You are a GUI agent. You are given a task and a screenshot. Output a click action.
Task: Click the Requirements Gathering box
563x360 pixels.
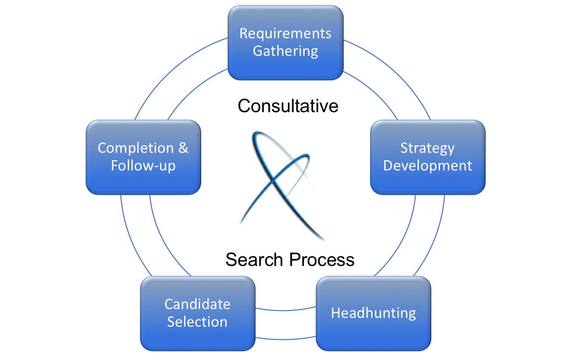[285, 43]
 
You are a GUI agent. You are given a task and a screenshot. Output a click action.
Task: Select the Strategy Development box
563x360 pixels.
[427, 157]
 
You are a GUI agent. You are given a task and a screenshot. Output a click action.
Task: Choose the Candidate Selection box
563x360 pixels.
[197, 313]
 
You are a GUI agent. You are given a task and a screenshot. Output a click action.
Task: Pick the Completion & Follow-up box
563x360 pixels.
[143, 157]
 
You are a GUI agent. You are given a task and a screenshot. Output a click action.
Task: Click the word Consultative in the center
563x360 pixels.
[288, 106]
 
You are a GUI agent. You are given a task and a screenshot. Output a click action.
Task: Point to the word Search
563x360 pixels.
[255, 259]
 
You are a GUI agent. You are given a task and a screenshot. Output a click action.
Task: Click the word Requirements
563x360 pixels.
[285, 34]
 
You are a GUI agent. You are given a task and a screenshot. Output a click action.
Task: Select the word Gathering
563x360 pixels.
[285, 51]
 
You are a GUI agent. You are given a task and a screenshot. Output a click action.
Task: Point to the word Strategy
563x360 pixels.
[427, 148]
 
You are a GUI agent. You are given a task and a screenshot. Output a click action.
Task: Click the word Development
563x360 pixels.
[427, 166]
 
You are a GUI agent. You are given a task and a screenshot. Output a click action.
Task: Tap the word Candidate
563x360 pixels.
[197, 304]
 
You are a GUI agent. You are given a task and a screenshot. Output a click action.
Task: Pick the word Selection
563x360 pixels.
[197, 322]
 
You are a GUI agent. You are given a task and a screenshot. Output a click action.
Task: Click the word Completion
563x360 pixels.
[136, 148]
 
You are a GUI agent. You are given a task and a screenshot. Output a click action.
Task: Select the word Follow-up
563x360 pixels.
[143, 166]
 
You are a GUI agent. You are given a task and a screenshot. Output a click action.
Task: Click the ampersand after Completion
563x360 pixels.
[183, 148]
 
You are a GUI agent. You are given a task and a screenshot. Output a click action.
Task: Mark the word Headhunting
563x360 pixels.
[374, 313]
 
